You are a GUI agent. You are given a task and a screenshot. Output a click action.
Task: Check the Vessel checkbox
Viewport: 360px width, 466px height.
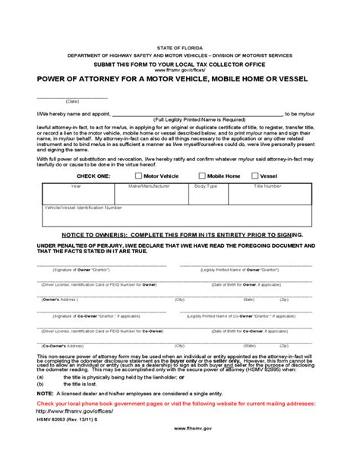[x=254, y=176]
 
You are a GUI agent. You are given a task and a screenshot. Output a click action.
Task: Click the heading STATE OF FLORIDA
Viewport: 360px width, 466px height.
[x=180, y=47]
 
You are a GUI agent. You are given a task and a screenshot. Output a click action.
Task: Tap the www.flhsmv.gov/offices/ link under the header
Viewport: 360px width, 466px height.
[x=180, y=69]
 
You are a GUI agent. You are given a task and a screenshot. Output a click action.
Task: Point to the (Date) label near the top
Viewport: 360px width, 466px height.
[x=73, y=101]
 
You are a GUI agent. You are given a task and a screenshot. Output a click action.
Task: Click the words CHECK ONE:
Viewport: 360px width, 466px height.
[x=93, y=176]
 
